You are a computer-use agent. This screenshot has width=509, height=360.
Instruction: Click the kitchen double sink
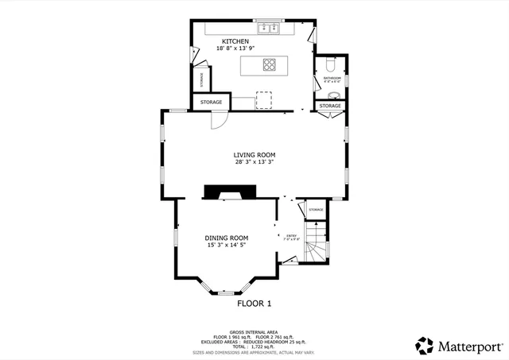(268, 30)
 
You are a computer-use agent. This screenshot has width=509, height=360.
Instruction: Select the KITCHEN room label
(235, 41)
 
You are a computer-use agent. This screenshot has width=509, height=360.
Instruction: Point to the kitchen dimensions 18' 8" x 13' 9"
(235, 49)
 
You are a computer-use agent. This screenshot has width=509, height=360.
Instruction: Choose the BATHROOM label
(332, 77)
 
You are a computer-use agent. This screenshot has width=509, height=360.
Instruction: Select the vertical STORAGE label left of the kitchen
(202, 79)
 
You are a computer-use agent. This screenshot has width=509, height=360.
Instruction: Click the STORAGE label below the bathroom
(328, 106)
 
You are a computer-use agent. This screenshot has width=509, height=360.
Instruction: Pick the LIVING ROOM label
(254, 155)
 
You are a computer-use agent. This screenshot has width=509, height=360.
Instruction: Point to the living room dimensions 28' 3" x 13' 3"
(254, 162)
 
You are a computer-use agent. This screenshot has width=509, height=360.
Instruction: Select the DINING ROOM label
(227, 238)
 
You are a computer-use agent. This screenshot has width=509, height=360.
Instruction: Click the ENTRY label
(291, 234)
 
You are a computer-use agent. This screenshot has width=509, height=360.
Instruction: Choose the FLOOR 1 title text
(254, 304)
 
